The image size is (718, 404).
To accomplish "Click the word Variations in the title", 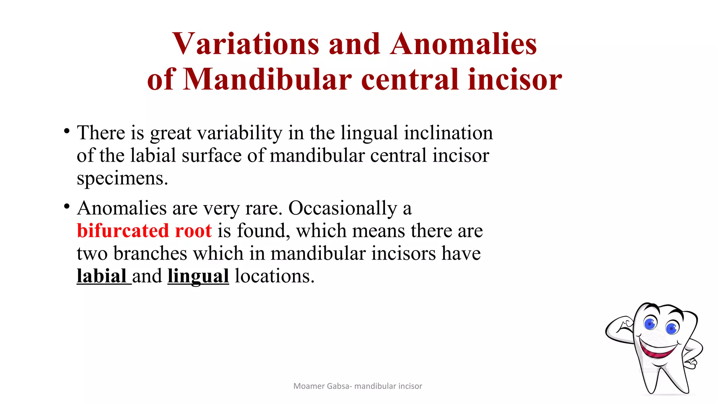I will click(x=245, y=44).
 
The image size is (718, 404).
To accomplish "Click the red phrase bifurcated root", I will click(x=144, y=231).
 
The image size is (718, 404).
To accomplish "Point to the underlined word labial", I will click(x=102, y=276).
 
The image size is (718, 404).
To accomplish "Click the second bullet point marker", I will click(x=67, y=207).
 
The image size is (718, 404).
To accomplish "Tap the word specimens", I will click(x=122, y=179).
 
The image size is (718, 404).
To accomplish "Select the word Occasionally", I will click(x=343, y=209).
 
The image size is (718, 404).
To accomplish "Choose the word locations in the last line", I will click(x=274, y=276).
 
